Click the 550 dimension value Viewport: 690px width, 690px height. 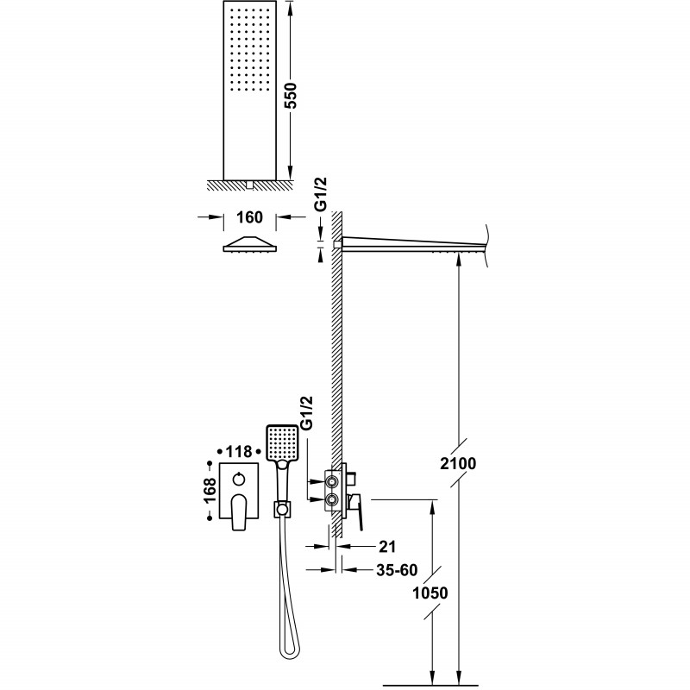coord(290,95)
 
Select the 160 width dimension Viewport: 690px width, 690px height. coord(249,217)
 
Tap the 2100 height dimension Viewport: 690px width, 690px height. coord(458,463)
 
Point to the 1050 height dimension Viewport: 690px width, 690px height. coord(430,593)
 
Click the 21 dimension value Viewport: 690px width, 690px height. coord(387,547)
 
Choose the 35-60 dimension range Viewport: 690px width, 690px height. coord(397,570)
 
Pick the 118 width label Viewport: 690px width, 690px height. coord(239,451)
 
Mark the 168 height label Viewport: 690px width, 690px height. coord(210,491)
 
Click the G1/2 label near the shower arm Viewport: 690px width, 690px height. coord(322,194)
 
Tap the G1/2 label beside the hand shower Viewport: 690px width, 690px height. coord(306,413)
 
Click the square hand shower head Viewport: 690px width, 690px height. coord(282,442)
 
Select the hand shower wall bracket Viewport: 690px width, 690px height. coord(283,509)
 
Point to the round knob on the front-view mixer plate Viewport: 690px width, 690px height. coord(239,479)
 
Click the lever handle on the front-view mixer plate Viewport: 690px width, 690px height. coord(239,512)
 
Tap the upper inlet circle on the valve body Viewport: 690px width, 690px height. coord(331,482)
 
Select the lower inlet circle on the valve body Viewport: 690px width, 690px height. coord(331,499)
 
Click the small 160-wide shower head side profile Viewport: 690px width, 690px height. coord(249,244)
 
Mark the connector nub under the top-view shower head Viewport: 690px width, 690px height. coord(250,185)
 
